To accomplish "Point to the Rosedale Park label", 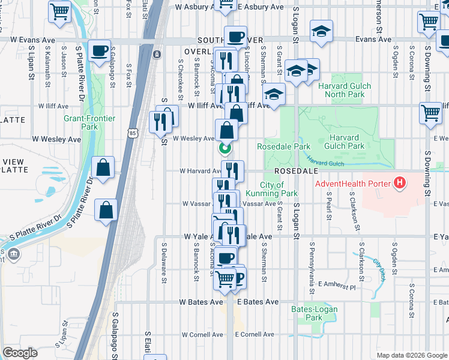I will tap(283, 146).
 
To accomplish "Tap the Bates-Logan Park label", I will tap(314, 313).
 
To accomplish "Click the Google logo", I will tap(20, 353).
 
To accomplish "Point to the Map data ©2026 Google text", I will tap(412, 355).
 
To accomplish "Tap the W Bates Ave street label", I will tap(199, 303).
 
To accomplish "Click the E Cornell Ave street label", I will tap(254, 334).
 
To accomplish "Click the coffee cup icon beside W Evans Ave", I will tap(99, 50).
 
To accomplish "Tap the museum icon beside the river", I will tap(13, 254).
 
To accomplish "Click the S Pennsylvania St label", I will tap(312, 269).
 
